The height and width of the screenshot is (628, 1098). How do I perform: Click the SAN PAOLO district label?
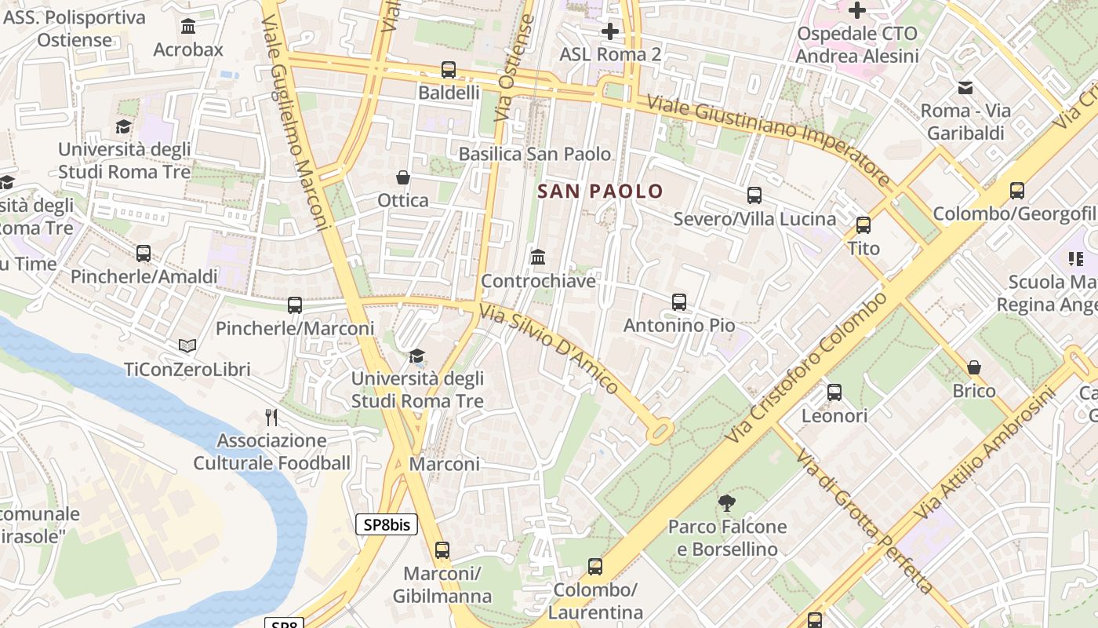(x=600, y=191)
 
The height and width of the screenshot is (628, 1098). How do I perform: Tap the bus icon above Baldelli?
(x=448, y=70)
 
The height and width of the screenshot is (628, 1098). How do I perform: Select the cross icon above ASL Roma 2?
(x=609, y=31)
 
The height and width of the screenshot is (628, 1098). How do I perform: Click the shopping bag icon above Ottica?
(x=403, y=178)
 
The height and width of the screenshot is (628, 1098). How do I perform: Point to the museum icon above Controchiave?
(x=538, y=257)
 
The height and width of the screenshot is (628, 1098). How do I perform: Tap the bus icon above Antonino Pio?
(x=679, y=302)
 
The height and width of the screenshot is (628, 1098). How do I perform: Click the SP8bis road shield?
(x=387, y=525)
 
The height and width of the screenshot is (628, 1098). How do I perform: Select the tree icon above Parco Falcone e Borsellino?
(x=727, y=503)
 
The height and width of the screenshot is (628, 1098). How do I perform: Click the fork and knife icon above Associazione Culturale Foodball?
(x=271, y=417)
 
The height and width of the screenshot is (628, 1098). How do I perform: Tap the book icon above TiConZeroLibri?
(x=187, y=346)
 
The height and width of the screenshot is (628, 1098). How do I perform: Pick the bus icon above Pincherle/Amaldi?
(x=144, y=254)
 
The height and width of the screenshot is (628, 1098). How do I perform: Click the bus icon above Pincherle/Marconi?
(x=295, y=305)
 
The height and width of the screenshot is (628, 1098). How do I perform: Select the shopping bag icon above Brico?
(x=974, y=368)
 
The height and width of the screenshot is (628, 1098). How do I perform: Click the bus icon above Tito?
(x=863, y=225)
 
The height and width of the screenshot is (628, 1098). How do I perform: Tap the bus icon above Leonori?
(x=834, y=392)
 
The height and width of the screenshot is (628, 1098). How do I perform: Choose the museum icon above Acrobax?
(x=188, y=27)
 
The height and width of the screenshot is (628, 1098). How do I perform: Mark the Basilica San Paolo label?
(x=534, y=154)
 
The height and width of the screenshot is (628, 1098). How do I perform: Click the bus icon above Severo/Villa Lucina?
(x=754, y=195)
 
